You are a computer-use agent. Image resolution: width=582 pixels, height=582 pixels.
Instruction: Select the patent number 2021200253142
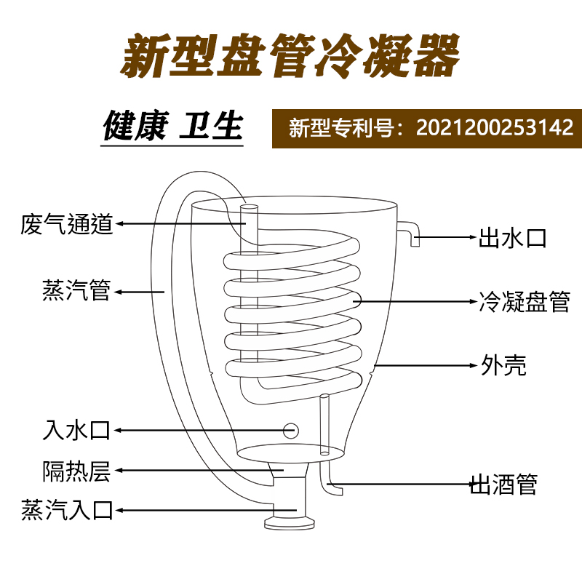495,128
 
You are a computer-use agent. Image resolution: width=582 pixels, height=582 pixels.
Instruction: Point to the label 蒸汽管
76,291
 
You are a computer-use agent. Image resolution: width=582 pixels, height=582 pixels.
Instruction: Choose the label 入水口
76,431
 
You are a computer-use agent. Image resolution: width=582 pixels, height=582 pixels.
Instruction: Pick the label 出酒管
503,483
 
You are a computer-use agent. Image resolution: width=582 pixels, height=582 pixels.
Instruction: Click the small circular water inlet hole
290,430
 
